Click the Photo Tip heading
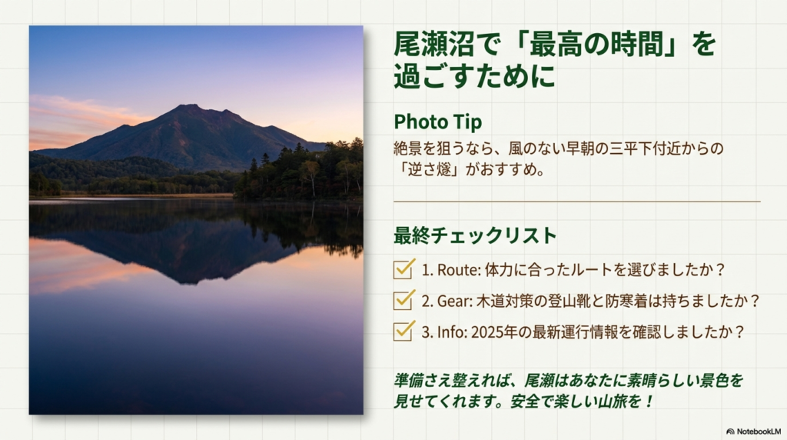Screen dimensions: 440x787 click(438, 122)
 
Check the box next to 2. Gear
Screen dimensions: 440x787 click(403, 300)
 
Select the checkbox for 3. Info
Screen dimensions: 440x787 click(403, 331)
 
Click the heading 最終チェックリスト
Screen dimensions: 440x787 click(463, 235)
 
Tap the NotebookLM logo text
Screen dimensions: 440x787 click(756, 432)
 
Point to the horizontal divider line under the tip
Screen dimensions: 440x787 click(576, 202)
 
